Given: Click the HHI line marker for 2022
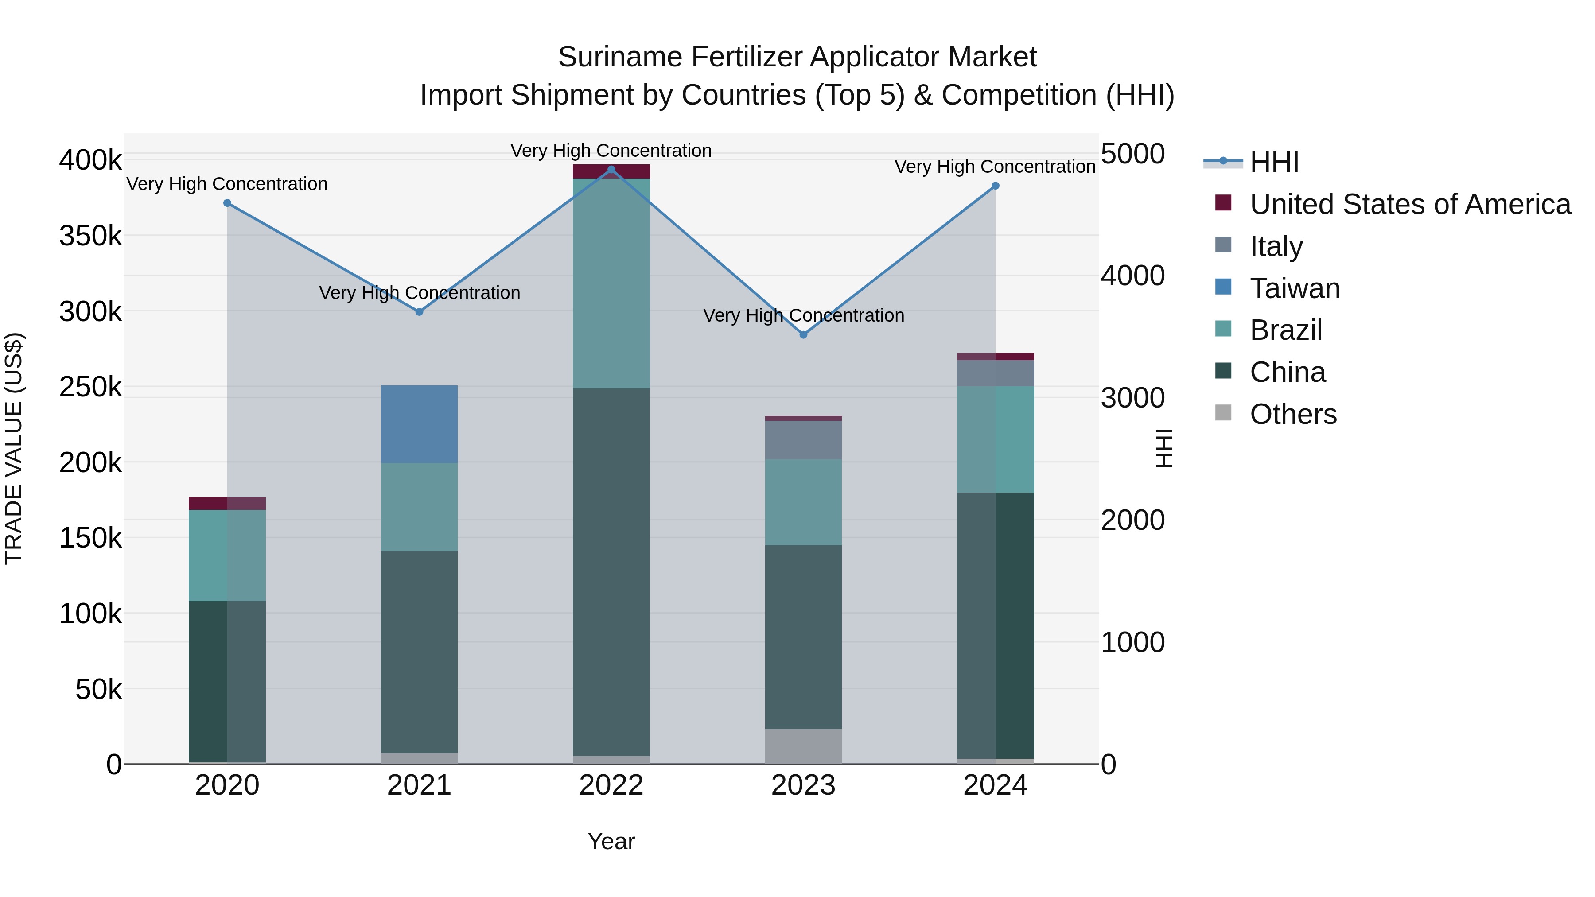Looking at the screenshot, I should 611,170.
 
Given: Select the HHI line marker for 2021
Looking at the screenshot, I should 419,312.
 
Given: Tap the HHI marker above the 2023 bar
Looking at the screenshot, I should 803,335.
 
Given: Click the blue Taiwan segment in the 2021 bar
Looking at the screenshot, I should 419,424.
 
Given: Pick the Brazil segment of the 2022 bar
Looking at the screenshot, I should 611,283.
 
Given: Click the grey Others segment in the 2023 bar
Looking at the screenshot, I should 803,746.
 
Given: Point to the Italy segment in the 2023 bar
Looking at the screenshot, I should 803,440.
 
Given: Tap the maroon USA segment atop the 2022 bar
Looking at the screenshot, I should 611,171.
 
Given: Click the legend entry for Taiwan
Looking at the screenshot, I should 1294,288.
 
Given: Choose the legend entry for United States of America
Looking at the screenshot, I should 1409,204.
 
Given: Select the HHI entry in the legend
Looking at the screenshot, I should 1274,162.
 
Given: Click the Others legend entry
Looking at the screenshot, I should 1293,414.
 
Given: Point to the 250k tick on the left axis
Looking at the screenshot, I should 90,388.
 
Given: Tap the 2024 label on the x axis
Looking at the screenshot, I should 995,785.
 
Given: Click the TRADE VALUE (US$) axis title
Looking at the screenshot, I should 14,448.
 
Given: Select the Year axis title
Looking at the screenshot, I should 611,841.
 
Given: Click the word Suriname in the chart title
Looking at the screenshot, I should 620,58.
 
